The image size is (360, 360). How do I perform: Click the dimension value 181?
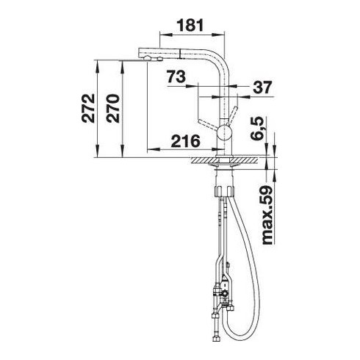pyautogui.click(x=190, y=25)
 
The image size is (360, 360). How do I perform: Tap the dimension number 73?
pyautogui.click(x=176, y=76)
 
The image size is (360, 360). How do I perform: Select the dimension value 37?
pyautogui.click(x=262, y=87)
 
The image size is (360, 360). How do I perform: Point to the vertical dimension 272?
pyautogui.click(x=88, y=108)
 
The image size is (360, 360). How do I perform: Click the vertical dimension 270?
pyautogui.click(x=113, y=108)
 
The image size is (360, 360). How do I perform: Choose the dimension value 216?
pyautogui.click(x=186, y=141)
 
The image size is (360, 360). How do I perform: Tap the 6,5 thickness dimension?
pyautogui.click(x=257, y=129)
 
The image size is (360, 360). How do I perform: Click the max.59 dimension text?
pyautogui.click(x=267, y=215)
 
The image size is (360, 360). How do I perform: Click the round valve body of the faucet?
pyautogui.click(x=224, y=132)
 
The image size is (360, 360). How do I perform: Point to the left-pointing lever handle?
pyautogui.click(x=207, y=124)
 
